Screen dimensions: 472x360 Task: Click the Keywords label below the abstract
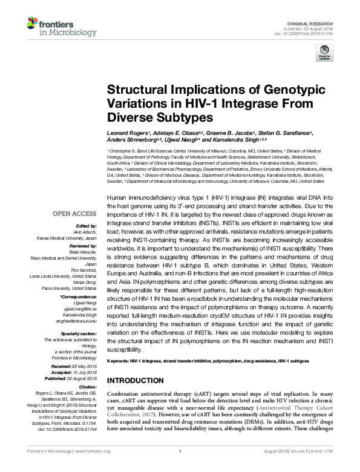click(x=118, y=361)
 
